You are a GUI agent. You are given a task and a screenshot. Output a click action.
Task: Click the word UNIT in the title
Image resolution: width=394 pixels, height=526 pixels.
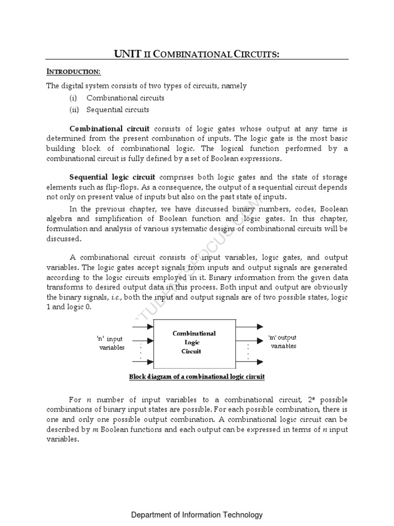pos(126,54)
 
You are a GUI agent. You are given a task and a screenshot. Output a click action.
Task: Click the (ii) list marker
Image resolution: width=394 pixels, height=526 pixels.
pos(74,109)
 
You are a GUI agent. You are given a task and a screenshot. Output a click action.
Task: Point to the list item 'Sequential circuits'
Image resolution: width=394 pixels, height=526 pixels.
pos(118,109)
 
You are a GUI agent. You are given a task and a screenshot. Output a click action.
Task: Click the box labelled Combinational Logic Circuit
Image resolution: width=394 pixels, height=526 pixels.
pos(194,343)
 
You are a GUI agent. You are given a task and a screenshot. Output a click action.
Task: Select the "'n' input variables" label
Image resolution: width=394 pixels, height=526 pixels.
pos(111,343)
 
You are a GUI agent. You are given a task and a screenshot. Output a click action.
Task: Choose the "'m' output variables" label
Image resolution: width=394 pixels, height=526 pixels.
pos(283,342)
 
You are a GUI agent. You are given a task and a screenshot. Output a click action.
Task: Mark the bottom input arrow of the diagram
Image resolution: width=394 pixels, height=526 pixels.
pos(147,362)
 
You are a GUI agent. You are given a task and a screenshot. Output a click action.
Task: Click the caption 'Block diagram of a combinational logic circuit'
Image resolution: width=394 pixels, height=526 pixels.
pos(196,377)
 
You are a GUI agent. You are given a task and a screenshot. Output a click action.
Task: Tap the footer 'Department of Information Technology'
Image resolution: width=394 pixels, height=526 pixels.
pos(197,515)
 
